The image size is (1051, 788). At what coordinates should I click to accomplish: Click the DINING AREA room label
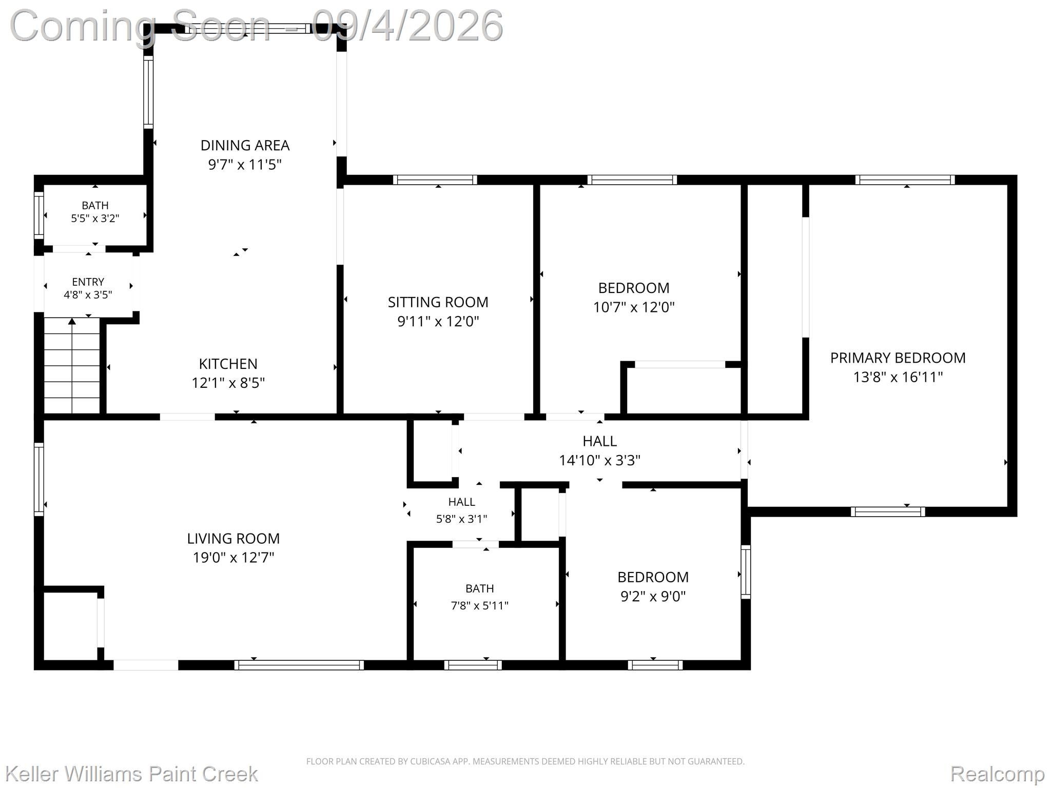[x=245, y=146]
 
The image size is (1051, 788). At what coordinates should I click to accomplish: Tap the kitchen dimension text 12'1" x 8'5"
[x=228, y=383]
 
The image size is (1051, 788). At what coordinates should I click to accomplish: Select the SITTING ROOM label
[x=438, y=302]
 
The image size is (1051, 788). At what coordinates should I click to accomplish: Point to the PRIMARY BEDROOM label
[x=898, y=358]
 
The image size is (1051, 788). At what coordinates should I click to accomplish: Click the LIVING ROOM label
[x=233, y=539]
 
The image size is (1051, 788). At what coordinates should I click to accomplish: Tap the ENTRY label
[x=88, y=282]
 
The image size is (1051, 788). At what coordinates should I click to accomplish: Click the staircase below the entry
[x=72, y=365]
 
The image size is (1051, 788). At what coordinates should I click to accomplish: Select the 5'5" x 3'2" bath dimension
[x=95, y=219]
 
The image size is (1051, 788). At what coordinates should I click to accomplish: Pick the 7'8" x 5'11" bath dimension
[x=480, y=606]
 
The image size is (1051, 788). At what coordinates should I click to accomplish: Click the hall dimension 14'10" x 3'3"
[x=599, y=461]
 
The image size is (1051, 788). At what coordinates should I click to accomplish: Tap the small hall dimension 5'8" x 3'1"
[x=461, y=519]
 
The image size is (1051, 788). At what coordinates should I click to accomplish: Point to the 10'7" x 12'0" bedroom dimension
[x=634, y=307]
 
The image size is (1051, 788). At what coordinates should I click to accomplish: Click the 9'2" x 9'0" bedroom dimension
[x=653, y=597]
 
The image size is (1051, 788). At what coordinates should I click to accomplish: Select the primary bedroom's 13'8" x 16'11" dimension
[x=898, y=378]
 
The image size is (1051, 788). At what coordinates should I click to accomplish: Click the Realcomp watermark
[x=997, y=774]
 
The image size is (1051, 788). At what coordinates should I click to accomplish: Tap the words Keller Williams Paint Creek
[x=131, y=774]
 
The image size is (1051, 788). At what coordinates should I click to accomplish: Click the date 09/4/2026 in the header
[x=407, y=26]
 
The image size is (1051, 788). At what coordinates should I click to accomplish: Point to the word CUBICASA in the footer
[x=431, y=761]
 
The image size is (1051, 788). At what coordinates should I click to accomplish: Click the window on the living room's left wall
[x=39, y=479]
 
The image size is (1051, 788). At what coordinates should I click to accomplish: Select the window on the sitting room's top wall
[x=435, y=180]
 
